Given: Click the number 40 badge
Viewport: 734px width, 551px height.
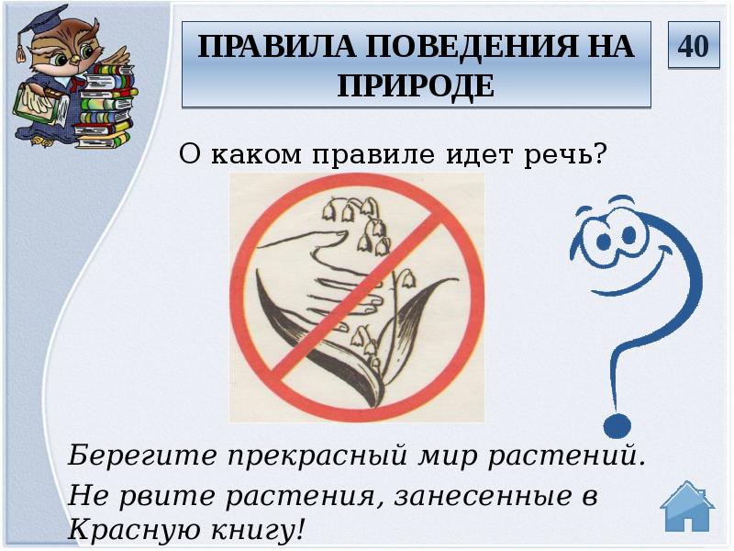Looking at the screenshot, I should (694, 45).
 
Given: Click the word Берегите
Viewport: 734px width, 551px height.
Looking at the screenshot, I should (128, 455).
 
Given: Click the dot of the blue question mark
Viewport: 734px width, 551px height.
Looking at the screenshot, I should (617, 424).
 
